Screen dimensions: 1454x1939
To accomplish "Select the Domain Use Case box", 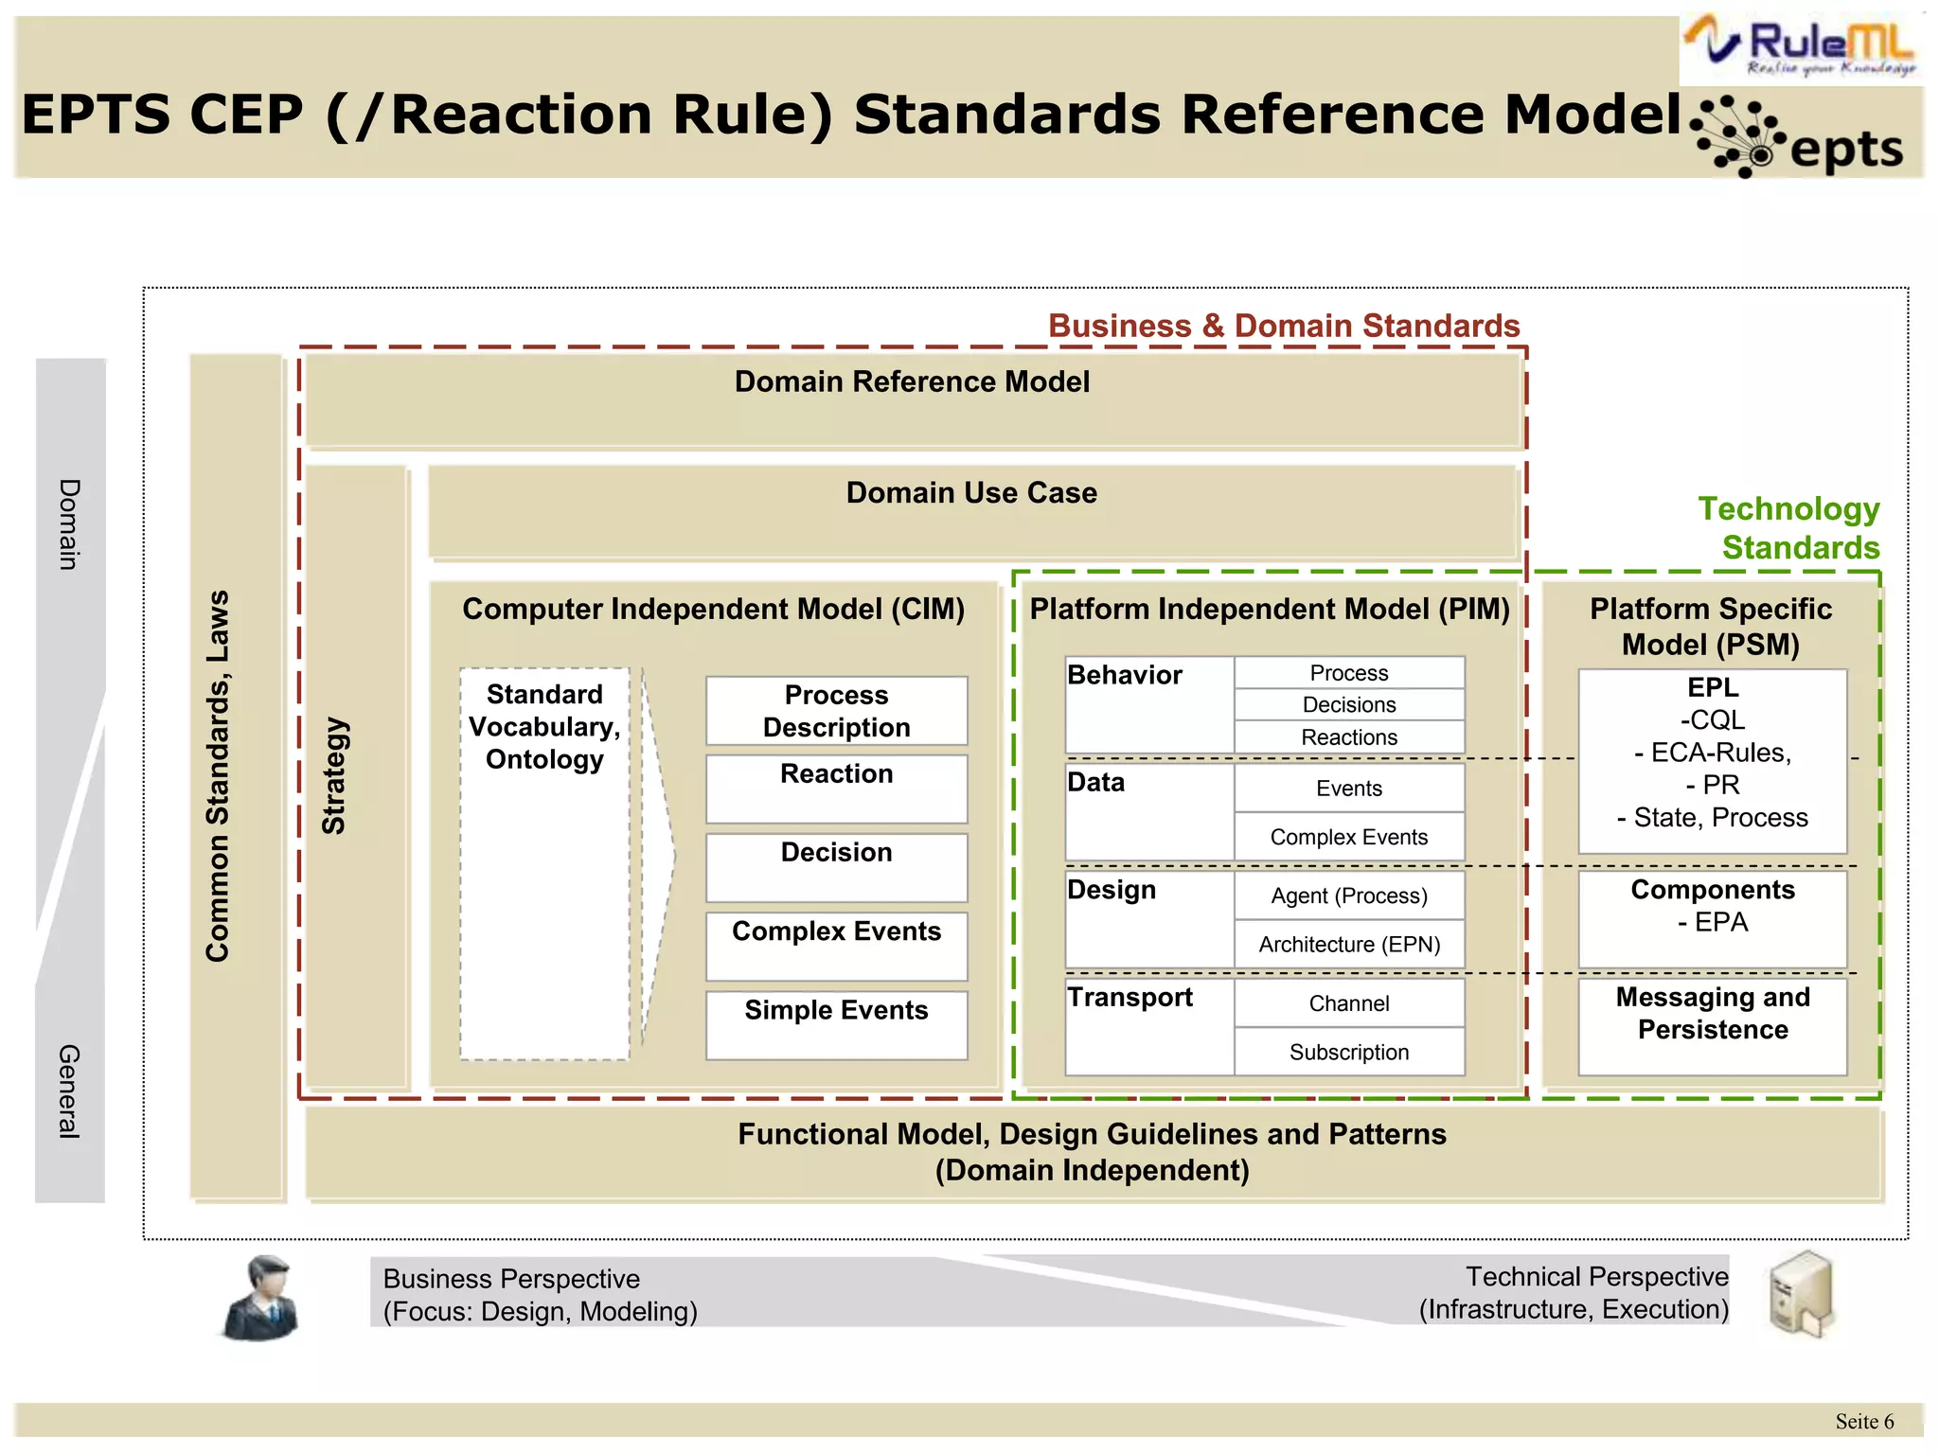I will click(971, 510).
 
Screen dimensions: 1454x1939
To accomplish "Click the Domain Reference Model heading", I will click(912, 381).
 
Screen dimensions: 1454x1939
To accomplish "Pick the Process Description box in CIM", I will click(836, 711).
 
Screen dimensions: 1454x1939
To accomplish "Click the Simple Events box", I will click(836, 1024).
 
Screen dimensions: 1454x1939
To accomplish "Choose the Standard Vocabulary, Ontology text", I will click(544, 727).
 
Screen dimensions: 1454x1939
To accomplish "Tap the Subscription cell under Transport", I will click(1348, 1052).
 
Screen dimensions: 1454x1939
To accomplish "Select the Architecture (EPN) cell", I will click(1348, 944).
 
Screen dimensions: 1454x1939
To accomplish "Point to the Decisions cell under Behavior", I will click(1348, 704).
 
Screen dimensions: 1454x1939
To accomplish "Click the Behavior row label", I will click(1125, 675).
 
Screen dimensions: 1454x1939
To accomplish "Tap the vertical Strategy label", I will click(334, 775).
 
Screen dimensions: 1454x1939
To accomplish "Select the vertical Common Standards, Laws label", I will click(218, 776).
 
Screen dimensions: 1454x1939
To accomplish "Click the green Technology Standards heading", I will click(1789, 528).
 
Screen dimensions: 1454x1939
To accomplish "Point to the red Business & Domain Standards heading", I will click(1283, 326).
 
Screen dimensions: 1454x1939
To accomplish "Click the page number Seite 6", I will click(1863, 1421).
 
